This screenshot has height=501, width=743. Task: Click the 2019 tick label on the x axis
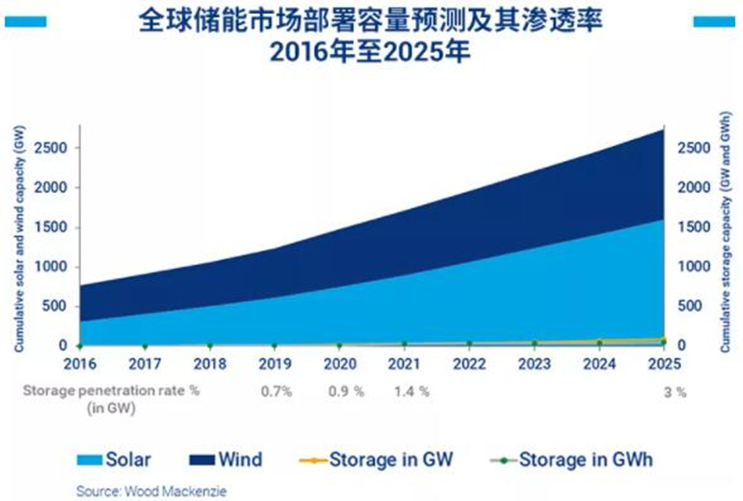pyautogui.click(x=275, y=363)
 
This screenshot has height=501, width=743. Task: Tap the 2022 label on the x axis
pyautogui.click(x=469, y=363)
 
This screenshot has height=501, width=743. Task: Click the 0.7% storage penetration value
pyautogui.click(x=276, y=392)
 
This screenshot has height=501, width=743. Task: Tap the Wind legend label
pyautogui.click(x=241, y=459)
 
